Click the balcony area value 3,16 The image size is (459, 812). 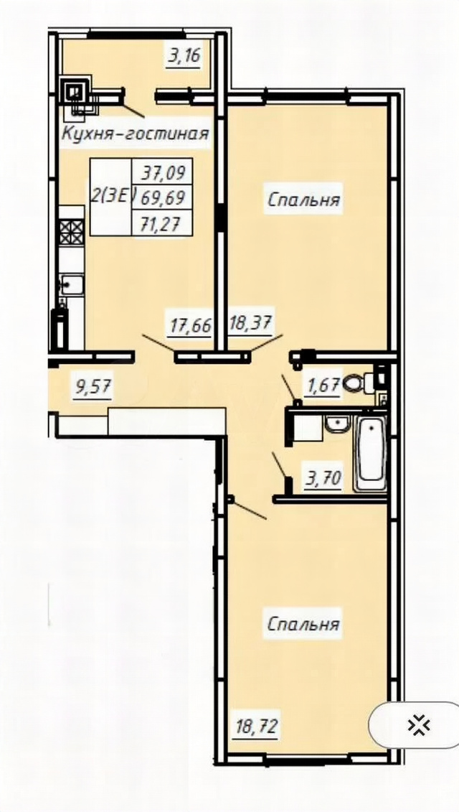184,55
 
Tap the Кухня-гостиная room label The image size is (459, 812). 136,134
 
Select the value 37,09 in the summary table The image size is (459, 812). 162,171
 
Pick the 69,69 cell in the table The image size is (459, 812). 162,197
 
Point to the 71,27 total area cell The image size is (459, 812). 162,223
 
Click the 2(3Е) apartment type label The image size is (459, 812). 113,196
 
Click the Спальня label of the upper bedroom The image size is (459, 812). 304,200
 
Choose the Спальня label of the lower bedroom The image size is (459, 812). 304,624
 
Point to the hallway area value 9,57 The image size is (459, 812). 94,388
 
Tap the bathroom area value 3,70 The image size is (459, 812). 323,478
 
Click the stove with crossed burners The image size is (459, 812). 72,231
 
